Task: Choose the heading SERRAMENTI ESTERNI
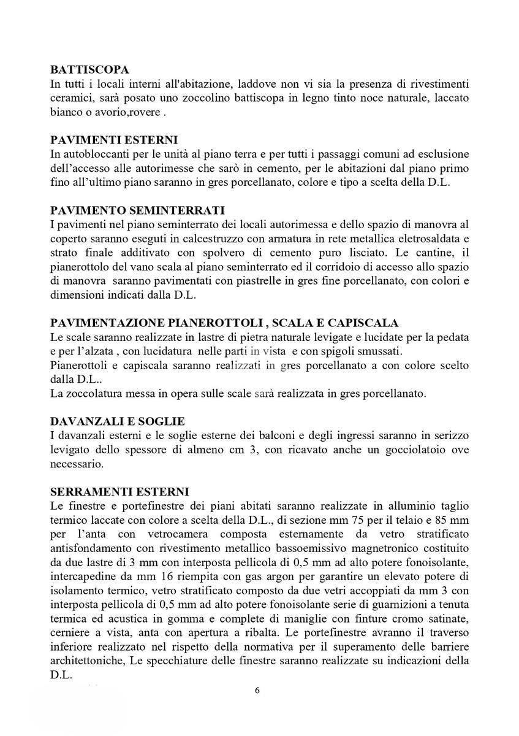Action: point(120,491)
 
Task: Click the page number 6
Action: point(257,690)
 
